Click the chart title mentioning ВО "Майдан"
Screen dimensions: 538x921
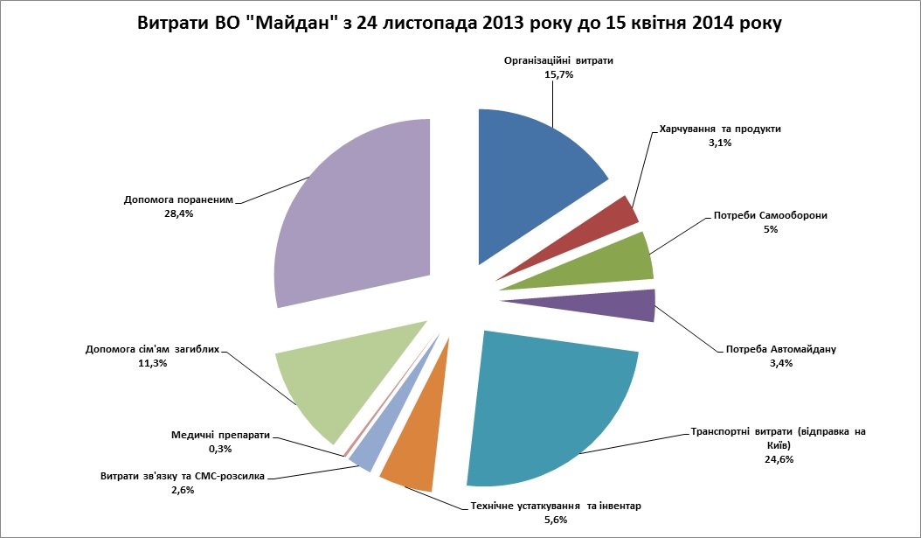460,24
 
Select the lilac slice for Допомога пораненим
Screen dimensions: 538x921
358,219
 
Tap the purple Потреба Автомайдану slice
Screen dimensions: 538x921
625,305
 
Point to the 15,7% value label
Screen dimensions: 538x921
558,75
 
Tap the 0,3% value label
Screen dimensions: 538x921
219,449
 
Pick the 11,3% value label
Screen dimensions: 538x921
151,363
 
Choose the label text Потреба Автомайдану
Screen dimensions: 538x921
781,350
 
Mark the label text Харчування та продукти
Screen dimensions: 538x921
720,129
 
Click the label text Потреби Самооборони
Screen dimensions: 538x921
770,215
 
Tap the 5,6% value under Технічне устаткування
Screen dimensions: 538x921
556,520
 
